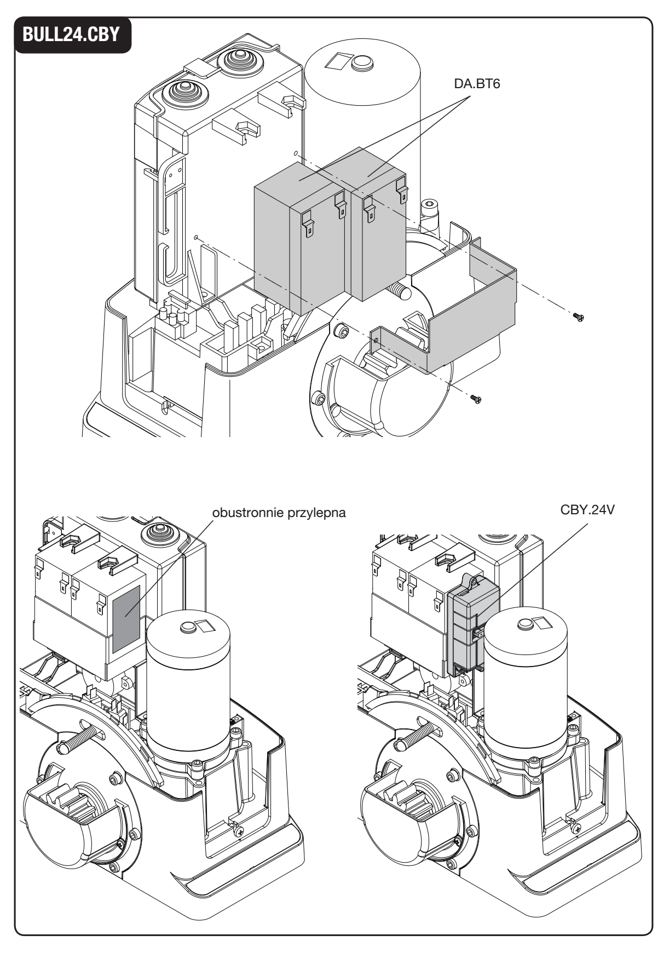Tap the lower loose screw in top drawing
[x=476, y=400]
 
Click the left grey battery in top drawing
[x=300, y=246]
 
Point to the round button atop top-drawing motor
[x=360, y=62]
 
